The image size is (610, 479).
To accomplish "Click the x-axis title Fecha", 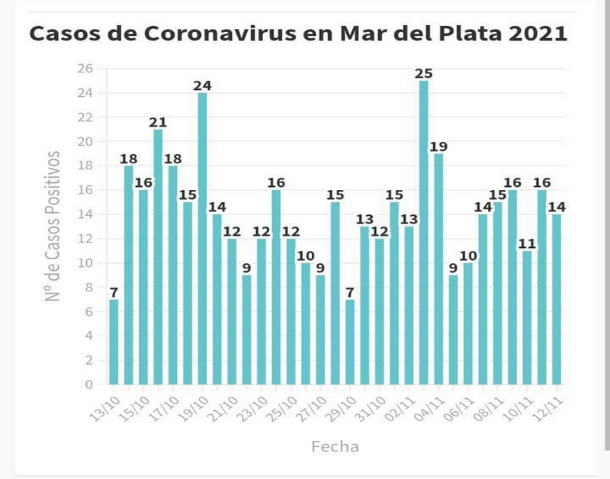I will coord(335,446).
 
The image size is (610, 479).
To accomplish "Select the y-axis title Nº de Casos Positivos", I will coord(53,226).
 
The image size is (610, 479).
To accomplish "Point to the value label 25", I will coord(424,74).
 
